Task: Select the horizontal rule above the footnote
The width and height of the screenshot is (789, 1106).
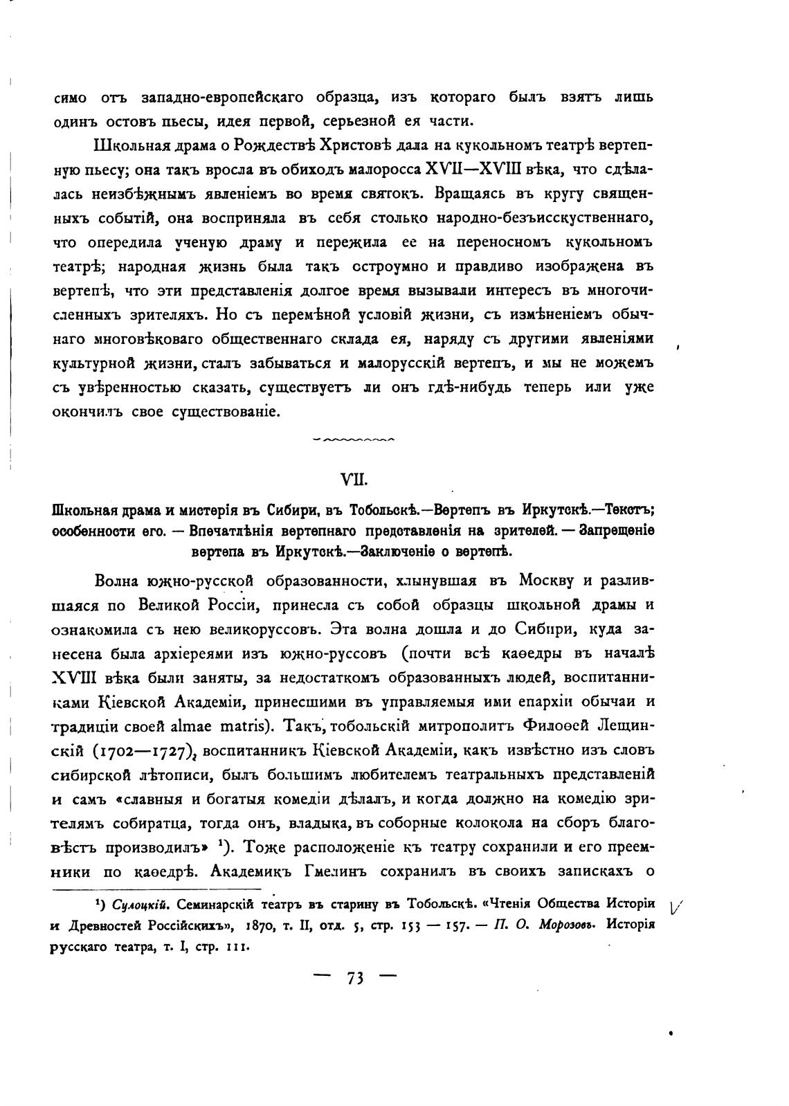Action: (x=158, y=889)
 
